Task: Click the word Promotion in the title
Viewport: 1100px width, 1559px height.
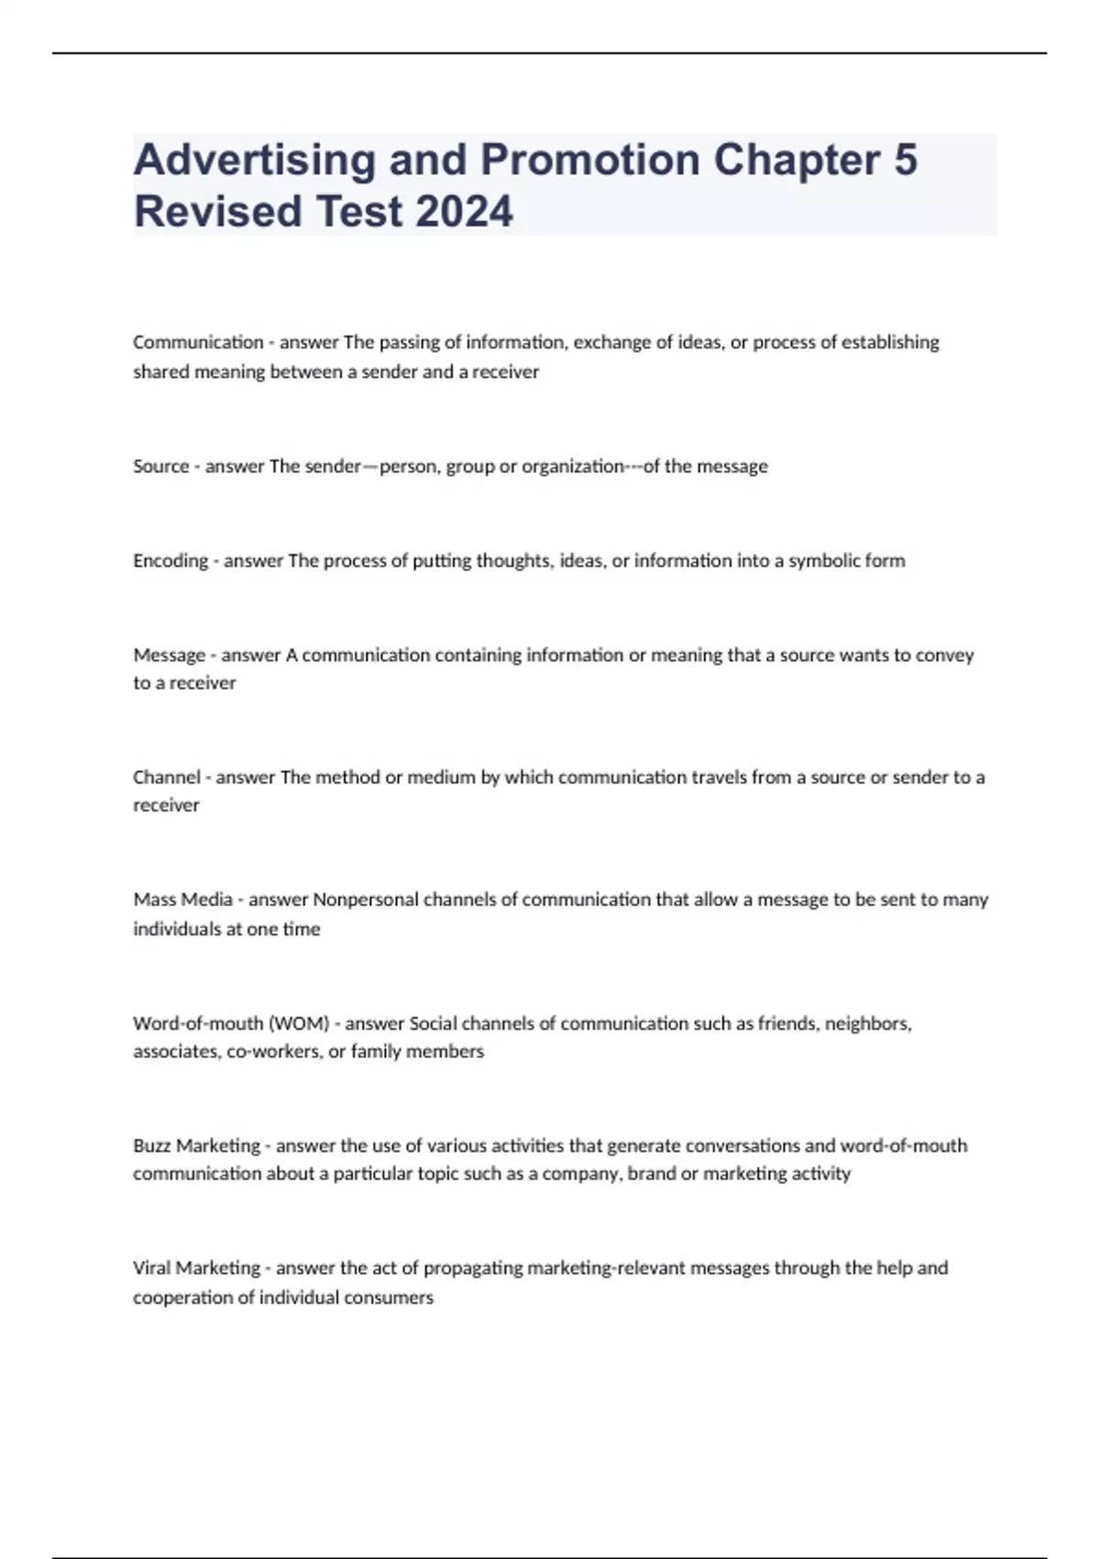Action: click(590, 160)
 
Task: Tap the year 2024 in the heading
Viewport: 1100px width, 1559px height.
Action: click(464, 211)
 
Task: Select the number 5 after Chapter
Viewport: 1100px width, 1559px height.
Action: click(904, 160)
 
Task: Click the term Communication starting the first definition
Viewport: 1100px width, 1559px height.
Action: click(198, 342)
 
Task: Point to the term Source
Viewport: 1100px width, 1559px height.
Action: click(160, 466)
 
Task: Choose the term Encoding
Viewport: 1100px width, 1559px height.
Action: click(170, 560)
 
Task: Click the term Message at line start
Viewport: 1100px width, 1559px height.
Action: click(170, 655)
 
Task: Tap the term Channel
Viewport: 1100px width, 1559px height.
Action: click(167, 777)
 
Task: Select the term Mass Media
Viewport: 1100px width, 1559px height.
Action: click(182, 900)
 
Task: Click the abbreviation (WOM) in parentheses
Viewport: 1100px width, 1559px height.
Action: click(299, 1023)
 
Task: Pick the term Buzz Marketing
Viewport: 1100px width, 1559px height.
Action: click(196, 1145)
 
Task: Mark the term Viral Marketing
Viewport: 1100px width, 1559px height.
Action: click(196, 1267)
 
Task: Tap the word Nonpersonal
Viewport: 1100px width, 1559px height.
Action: click(366, 900)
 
